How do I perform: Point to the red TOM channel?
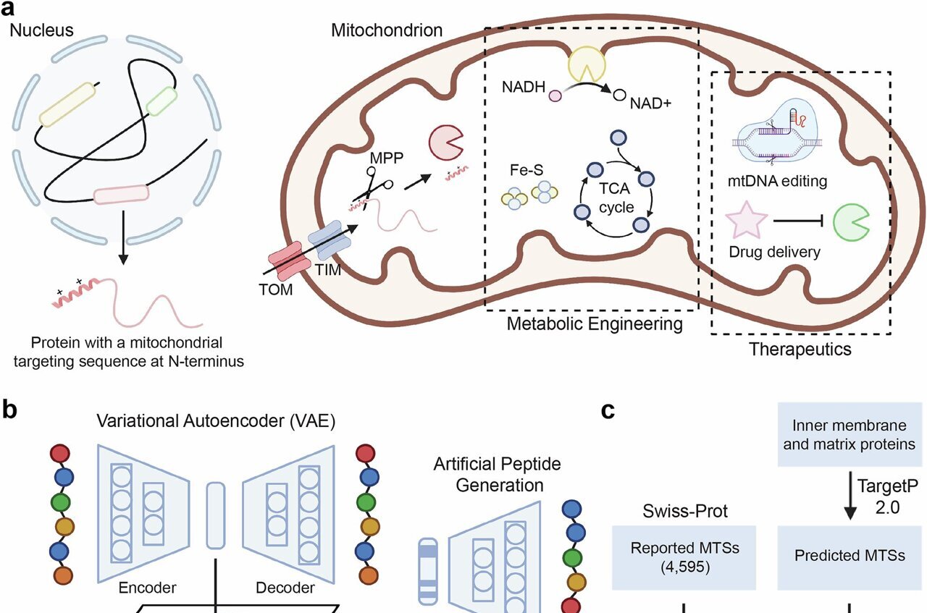tap(288, 266)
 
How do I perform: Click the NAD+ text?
tap(651, 103)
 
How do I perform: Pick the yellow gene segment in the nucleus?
tap(67, 105)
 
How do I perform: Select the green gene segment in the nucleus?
tap(162, 101)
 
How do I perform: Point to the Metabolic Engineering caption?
tap(594, 324)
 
